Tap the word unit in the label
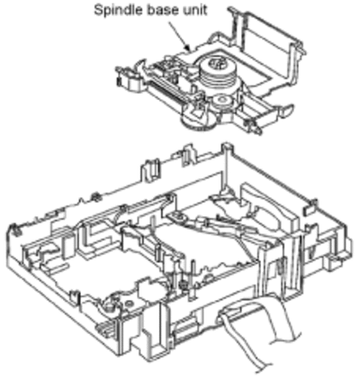tap(194, 10)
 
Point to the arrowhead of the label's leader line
tap(187, 48)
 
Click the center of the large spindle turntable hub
tap(216, 65)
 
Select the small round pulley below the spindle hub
tap(222, 100)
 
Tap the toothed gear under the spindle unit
tap(198, 122)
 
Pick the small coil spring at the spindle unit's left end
tap(119, 81)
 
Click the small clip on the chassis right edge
tap(310, 206)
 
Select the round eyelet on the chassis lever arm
tap(175, 215)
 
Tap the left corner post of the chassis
tap(13, 231)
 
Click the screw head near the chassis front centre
tap(182, 283)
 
